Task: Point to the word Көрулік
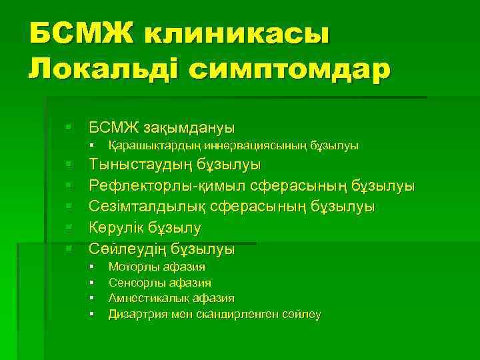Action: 119,228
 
